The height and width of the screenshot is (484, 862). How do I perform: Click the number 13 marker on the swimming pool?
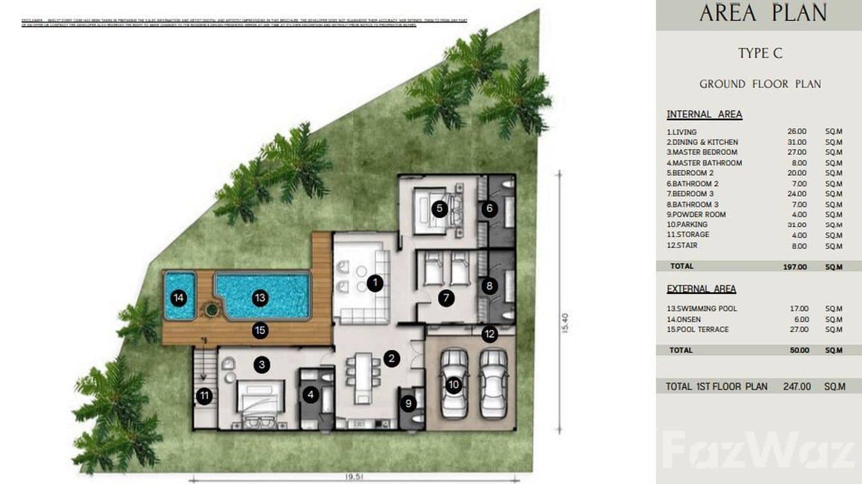tap(260, 298)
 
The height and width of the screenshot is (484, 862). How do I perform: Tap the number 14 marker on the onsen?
tap(179, 298)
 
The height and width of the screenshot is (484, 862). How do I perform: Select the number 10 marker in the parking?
tap(453, 385)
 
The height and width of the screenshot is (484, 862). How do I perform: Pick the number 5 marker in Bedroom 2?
tap(439, 208)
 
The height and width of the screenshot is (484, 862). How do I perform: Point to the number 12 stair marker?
tap(489, 334)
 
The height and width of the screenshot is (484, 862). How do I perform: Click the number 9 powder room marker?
tap(409, 404)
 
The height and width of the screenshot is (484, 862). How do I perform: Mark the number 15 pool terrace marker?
tap(260, 331)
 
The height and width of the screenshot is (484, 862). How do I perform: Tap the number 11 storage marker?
tap(204, 396)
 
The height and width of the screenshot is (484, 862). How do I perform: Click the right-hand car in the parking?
tap(493, 384)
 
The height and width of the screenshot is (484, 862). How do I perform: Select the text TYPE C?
tap(761, 53)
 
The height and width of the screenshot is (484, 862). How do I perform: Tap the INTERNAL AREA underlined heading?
tap(704, 115)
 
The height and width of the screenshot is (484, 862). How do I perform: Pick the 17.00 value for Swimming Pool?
tap(799, 309)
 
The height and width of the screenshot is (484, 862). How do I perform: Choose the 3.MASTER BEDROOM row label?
tap(701, 153)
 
